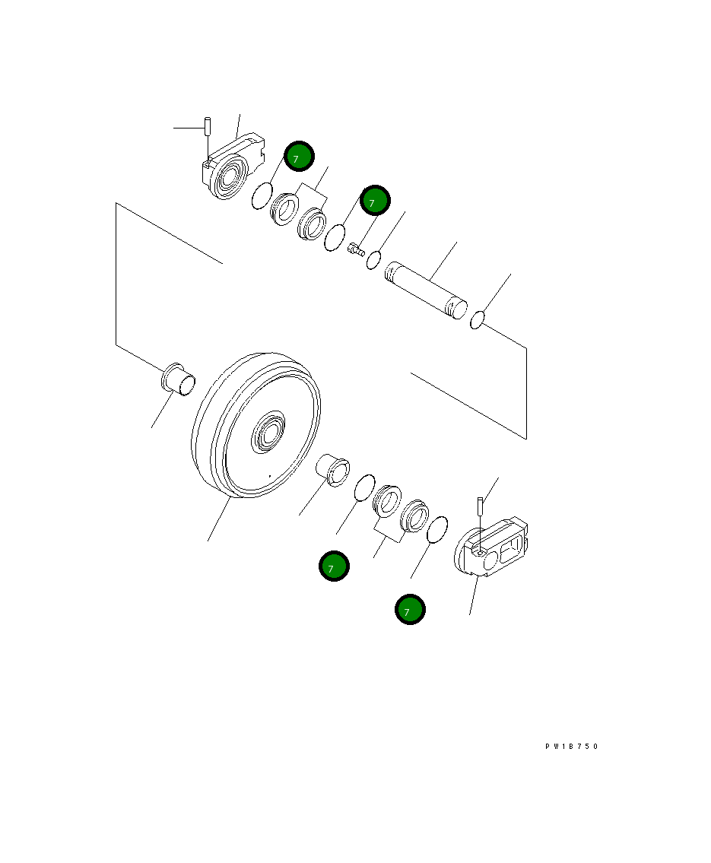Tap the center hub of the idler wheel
coord(268,434)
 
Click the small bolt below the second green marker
coord(355,249)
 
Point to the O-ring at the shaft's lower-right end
coord(478,319)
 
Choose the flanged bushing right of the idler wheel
coord(333,467)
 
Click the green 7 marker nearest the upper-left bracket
coord(299,156)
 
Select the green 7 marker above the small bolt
coord(374,201)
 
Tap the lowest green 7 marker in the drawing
coord(410,610)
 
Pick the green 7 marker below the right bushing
coord(333,566)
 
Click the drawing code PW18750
coord(572,747)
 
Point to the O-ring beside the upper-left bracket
coord(262,197)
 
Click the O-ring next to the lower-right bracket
coord(436,530)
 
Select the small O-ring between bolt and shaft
coord(373,260)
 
